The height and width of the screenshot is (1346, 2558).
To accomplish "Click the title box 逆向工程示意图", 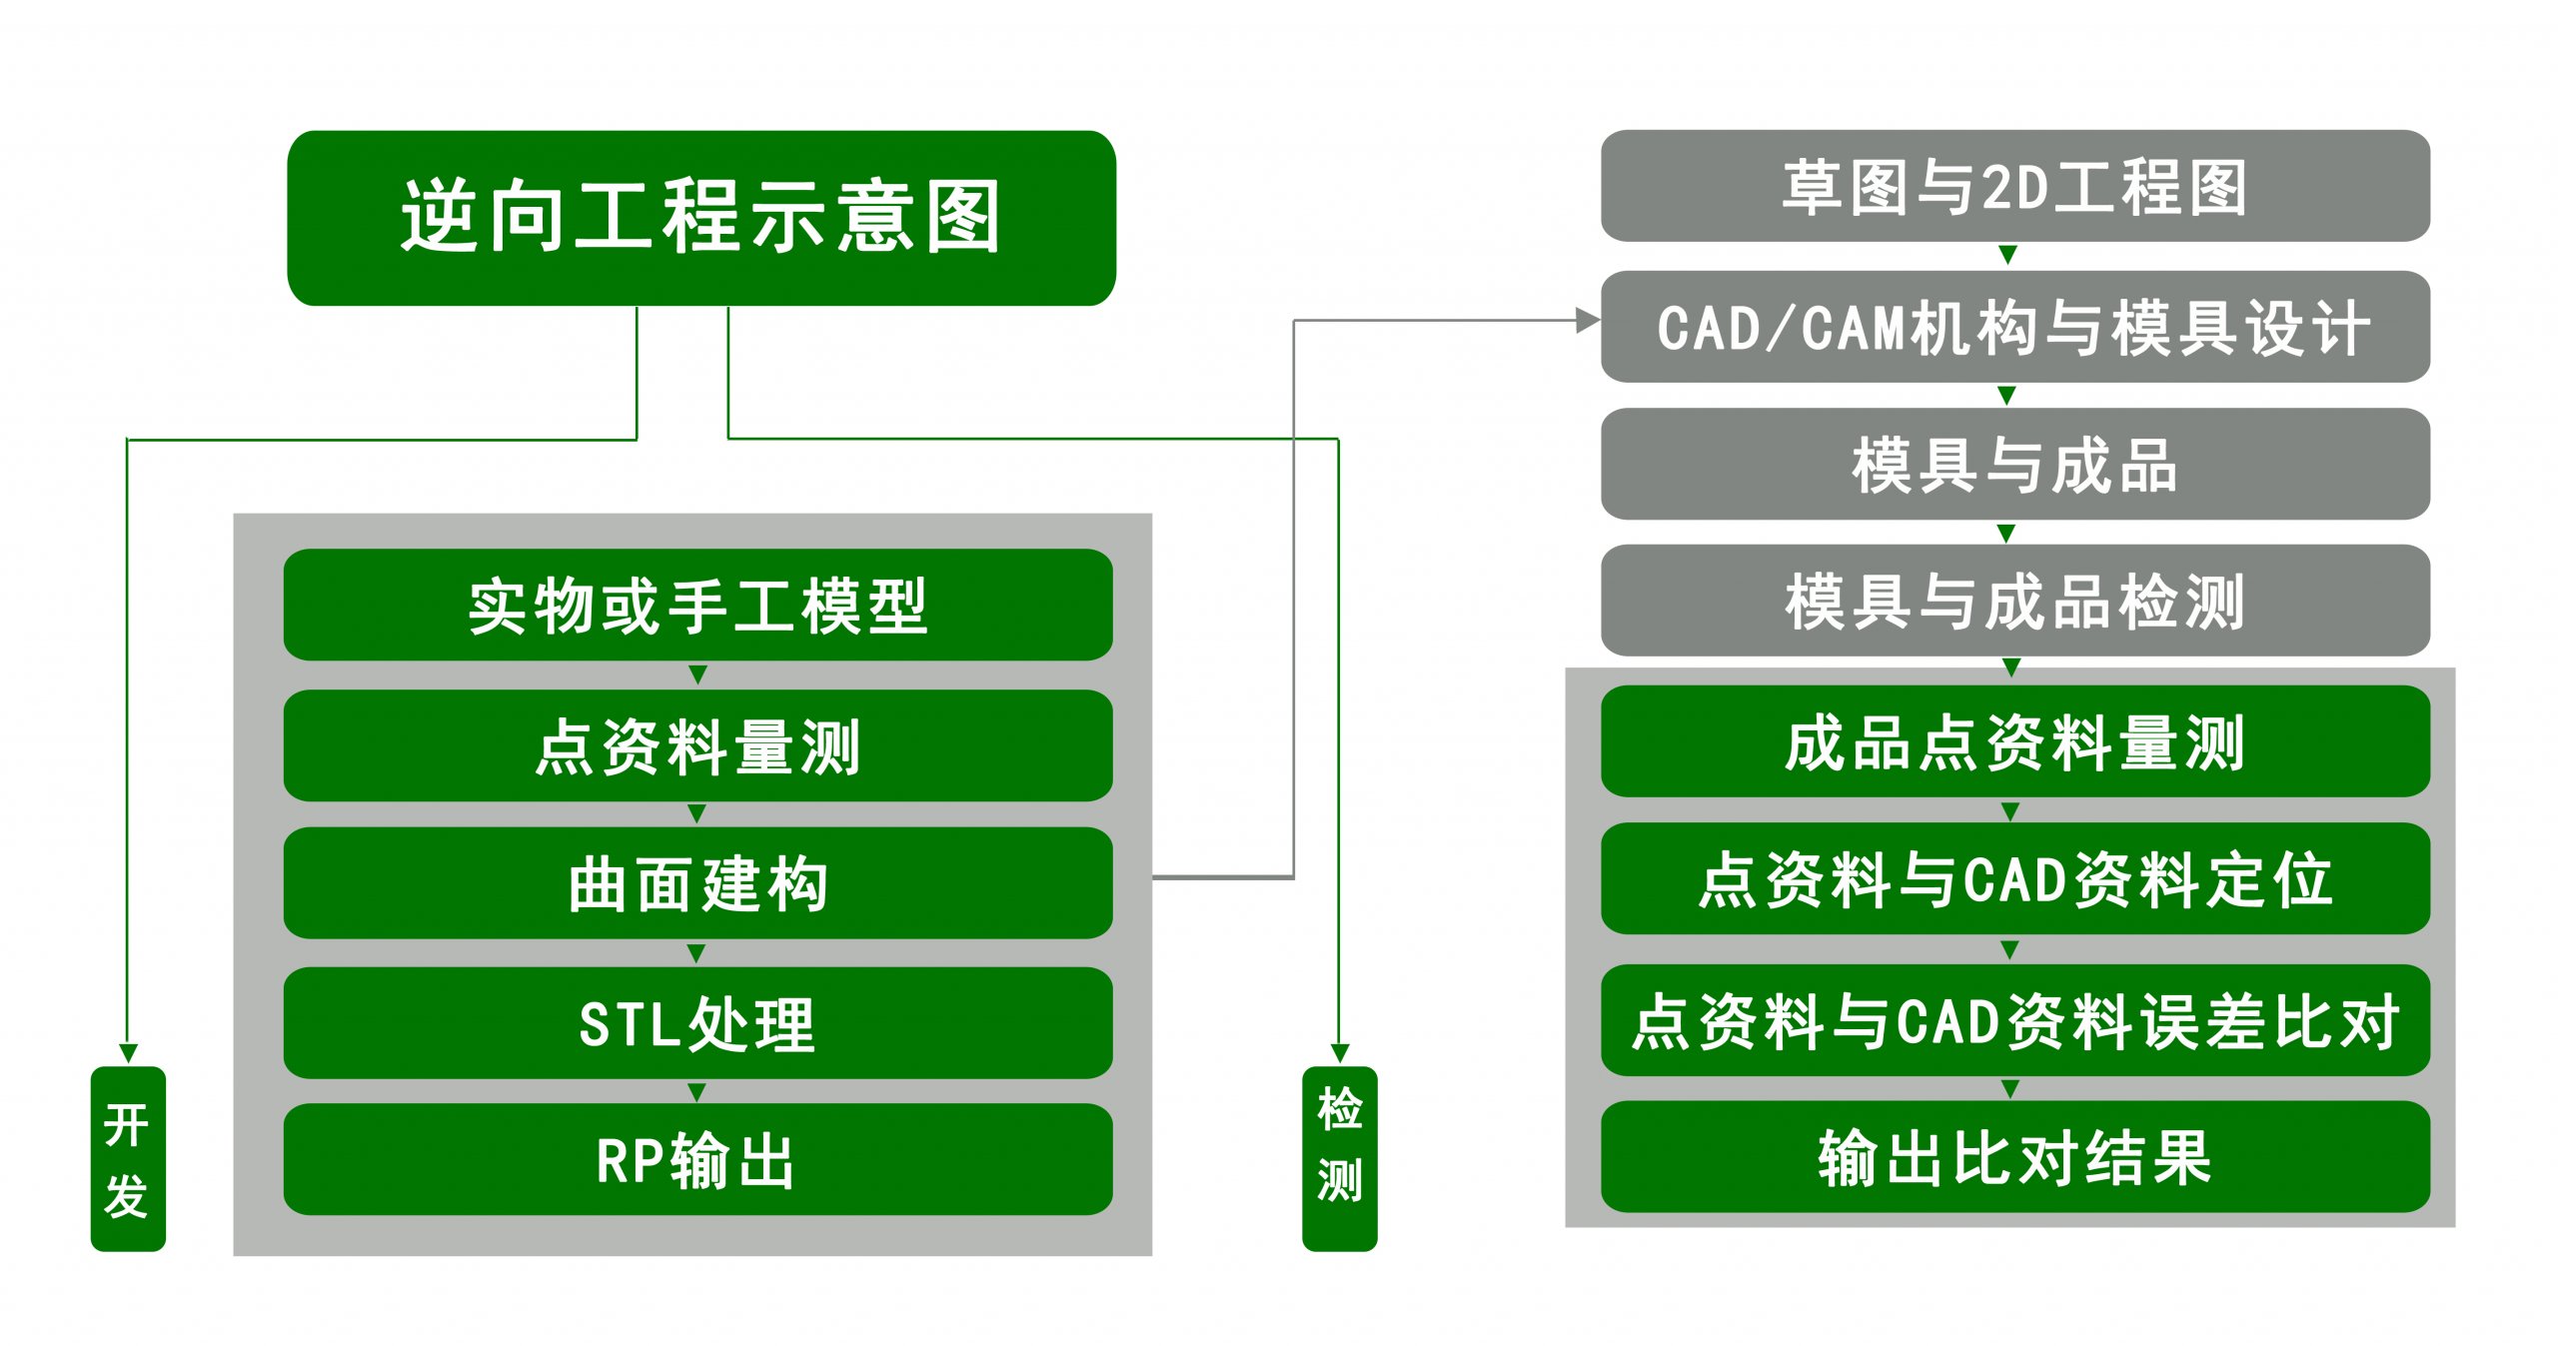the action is pyautogui.click(x=701, y=218).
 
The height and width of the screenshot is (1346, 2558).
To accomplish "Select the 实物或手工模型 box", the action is pyautogui.click(x=697, y=605).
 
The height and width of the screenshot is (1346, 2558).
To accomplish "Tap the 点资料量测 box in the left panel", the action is pyautogui.click(x=697, y=745).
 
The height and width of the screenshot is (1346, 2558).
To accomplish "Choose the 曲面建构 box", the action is pyautogui.click(x=697, y=882).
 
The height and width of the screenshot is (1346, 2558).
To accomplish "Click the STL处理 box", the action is pyautogui.click(x=697, y=1022).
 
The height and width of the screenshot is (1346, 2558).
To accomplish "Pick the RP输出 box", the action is pyautogui.click(x=697, y=1159).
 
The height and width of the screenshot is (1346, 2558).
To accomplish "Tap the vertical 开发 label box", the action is pyautogui.click(x=128, y=1158).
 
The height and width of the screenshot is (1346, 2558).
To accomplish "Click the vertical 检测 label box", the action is pyautogui.click(x=1340, y=1158).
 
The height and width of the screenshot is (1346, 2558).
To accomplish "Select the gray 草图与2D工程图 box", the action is pyautogui.click(x=2015, y=186).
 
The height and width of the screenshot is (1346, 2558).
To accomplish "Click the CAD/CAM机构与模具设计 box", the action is pyautogui.click(x=2015, y=327).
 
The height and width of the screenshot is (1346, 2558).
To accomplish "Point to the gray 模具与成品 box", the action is pyautogui.click(x=2015, y=464).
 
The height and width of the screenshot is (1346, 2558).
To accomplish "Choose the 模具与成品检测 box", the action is pyautogui.click(x=2015, y=601).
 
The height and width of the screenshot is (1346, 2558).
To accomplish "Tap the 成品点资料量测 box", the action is pyautogui.click(x=2015, y=741).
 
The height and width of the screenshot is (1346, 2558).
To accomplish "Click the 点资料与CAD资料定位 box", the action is pyautogui.click(x=2015, y=878).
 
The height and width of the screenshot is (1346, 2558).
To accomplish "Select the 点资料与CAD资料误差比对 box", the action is pyautogui.click(x=2015, y=1020).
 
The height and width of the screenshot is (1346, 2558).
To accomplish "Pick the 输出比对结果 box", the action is pyautogui.click(x=2015, y=1157).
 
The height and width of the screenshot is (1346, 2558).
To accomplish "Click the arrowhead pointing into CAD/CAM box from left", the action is pyautogui.click(x=1589, y=321).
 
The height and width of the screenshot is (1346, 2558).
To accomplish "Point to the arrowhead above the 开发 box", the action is pyautogui.click(x=128, y=1054).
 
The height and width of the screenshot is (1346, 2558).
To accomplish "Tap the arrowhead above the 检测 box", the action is pyautogui.click(x=1340, y=1054).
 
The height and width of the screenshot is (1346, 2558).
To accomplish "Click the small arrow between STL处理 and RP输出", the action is pyautogui.click(x=697, y=1092).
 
